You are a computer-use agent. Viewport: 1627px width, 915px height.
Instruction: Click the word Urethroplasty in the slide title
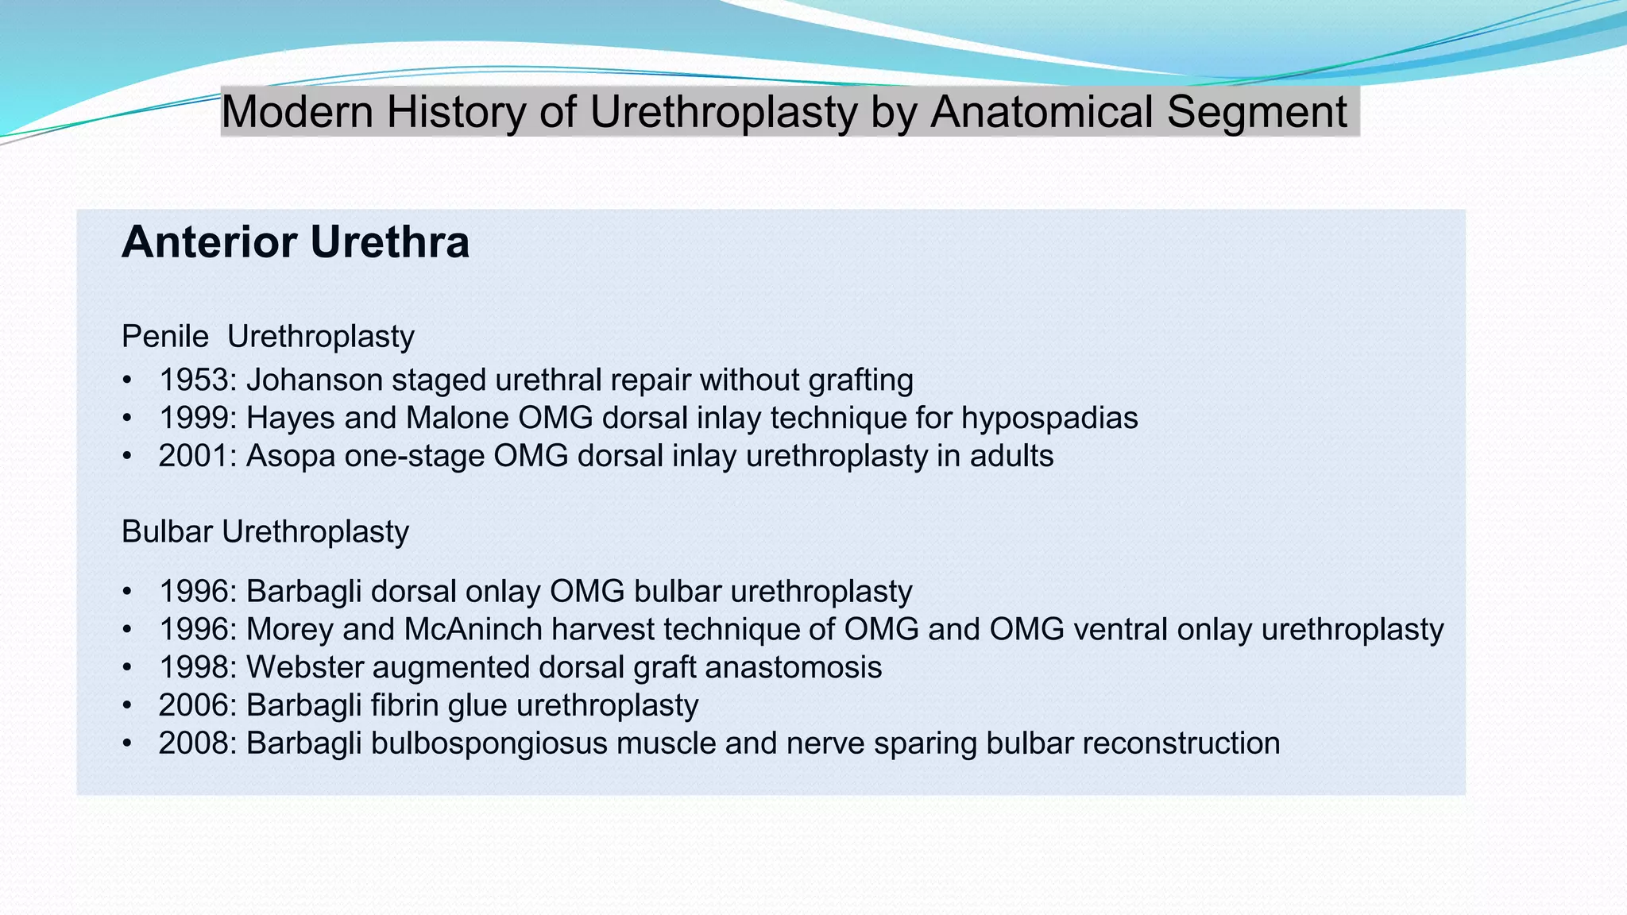pos(723,112)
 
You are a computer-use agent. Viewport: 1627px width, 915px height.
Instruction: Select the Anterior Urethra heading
pos(295,241)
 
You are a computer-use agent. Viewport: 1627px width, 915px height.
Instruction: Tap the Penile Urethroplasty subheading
pos(268,337)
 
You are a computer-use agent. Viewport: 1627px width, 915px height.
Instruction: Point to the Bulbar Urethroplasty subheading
pos(265,531)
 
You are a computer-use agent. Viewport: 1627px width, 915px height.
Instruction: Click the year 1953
pos(194,380)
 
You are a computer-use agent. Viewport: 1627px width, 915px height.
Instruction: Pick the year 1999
pos(194,418)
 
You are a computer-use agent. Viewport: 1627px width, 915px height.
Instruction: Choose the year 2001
pos(194,456)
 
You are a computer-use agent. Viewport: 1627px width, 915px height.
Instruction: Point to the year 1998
pos(194,667)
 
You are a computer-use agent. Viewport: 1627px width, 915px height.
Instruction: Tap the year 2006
pos(194,705)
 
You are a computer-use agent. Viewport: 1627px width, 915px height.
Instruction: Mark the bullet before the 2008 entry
pos(127,744)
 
